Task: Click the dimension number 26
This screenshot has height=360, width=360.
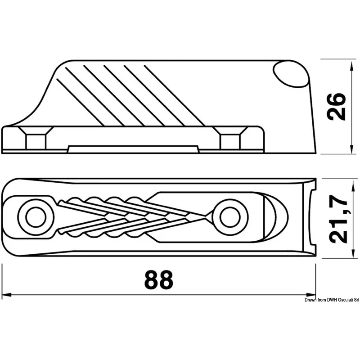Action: coord(336,107)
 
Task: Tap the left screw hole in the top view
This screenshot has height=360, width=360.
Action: coord(36,217)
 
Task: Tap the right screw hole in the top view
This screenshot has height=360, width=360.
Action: coord(230,217)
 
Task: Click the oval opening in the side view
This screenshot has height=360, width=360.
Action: coord(291,74)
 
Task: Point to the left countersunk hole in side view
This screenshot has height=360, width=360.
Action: coord(36,138)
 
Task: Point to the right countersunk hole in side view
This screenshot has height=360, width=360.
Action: coord(230,138)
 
